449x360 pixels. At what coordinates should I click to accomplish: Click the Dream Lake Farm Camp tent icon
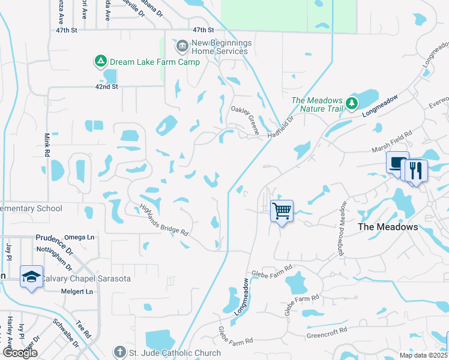tap(100, 61)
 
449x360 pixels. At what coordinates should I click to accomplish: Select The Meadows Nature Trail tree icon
tap(351, 104)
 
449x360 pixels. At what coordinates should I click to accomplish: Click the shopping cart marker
tap(282, 211)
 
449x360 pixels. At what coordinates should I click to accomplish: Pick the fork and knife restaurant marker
tap(415, 170)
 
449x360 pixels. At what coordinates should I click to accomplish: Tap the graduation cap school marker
tap(31, 277)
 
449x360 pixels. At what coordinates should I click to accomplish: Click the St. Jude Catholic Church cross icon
tap(119, 352)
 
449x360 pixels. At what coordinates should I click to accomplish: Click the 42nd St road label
tap(107, 86)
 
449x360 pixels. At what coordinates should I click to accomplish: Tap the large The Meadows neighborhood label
tap(387, 227)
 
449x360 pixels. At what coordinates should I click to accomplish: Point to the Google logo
tap(19, 353)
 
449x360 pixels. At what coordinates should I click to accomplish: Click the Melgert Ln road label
tap(77, 292)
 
